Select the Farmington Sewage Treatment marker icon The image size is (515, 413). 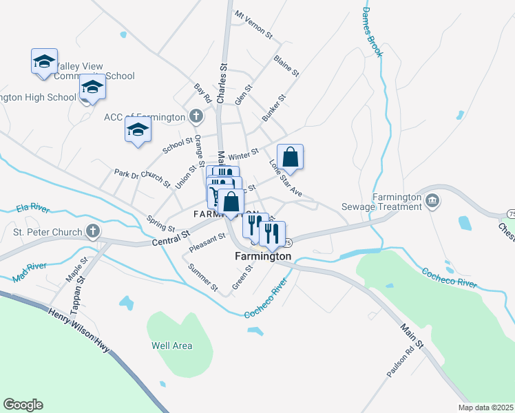coord(432,201)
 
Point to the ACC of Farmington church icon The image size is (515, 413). coord(196,116)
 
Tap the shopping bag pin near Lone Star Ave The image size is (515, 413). coord(291,156)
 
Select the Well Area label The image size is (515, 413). coord(172,346)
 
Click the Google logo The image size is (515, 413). coord(23,405)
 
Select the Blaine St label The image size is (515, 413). coord(286,66)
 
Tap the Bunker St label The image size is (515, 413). coord(273,109)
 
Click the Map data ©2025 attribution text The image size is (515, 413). coord(485,407)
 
